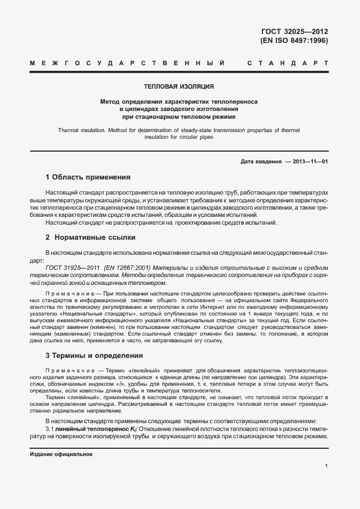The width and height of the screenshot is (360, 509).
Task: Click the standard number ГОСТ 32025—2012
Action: [x=294, y=31]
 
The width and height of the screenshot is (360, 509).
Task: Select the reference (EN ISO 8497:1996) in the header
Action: [x=294, y=41]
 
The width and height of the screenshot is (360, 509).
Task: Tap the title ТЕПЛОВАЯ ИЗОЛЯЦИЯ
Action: [x=179, y=87]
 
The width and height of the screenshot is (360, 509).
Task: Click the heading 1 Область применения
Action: [x=87, y=177]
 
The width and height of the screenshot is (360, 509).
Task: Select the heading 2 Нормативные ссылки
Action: [x=82, y=237]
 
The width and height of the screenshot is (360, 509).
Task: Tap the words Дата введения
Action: [x=261, y=162]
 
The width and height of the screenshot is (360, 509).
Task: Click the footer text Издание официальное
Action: [x=61, y=454]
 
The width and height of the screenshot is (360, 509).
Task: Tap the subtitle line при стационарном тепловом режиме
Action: [x=179, y=117]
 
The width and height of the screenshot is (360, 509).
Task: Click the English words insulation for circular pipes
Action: [x=179, y=137]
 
